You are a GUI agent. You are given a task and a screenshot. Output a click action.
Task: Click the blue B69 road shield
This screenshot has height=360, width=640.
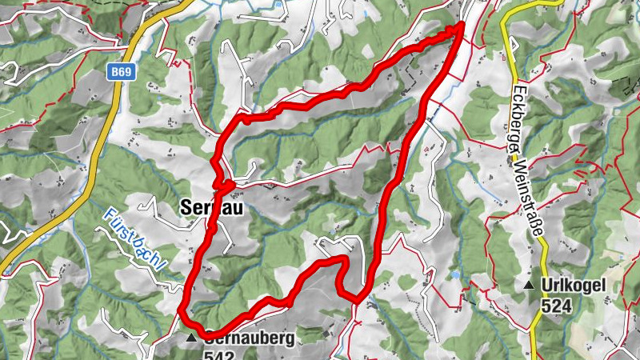tap(121, 72)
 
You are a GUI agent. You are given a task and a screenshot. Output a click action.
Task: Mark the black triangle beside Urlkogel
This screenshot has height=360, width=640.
tap(528, 286)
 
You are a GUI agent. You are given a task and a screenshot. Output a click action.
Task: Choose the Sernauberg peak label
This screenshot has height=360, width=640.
tap(248, 338)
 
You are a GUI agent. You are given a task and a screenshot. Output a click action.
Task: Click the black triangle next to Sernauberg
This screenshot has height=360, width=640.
tap(191, 339)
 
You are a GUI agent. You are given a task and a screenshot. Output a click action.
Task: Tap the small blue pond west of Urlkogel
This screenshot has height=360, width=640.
tap(456, 274)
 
